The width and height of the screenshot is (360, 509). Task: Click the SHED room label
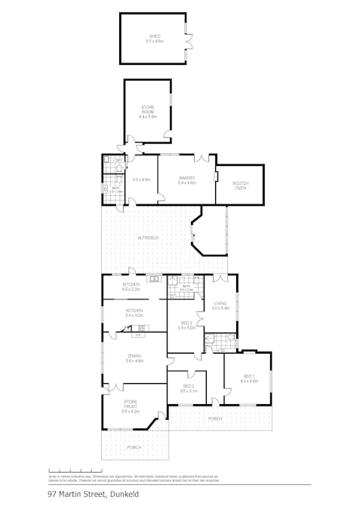coord(155,35)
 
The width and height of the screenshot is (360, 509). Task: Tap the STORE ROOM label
coord(147,110)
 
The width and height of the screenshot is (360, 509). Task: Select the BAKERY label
coord(186,178)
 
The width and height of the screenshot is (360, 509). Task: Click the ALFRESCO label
coord(147,238)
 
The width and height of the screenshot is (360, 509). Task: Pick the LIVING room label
coord(220,303)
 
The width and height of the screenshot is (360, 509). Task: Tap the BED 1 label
coord(248,376)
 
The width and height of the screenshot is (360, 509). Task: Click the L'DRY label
coord(117,161)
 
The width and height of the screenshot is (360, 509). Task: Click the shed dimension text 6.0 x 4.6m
coord(155,40)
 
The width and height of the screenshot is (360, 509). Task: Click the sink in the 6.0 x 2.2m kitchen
coord(154,279)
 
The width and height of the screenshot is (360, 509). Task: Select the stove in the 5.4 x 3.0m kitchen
coord(140,328)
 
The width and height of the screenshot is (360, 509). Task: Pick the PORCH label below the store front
coord(134,447)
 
